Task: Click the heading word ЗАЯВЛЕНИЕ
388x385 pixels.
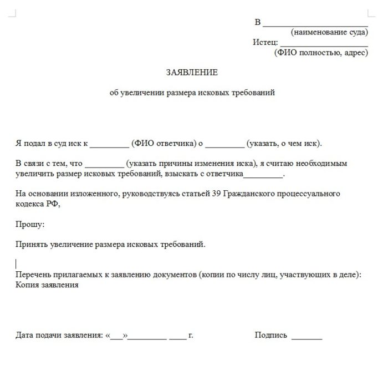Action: [x=192, y=73]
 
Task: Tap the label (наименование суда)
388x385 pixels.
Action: [x=329, y=32]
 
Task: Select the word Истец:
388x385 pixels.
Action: [x=265, y=43]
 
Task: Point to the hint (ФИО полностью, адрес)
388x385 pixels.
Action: [x=321, y=53]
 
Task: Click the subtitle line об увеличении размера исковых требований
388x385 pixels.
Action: [x=192, y=93]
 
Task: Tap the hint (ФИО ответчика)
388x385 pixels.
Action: [x=164, y=144]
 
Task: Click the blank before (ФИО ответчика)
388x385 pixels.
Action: [x=109, y=145]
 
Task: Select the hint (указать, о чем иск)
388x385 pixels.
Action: [x=284, y=144]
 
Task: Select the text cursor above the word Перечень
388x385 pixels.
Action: [x=17, y=264]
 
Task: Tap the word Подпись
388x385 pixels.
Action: [x=271, y=335]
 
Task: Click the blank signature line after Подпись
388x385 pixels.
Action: [x=307, y=337]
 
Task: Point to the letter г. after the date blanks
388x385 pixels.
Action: [x=191, y=335]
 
